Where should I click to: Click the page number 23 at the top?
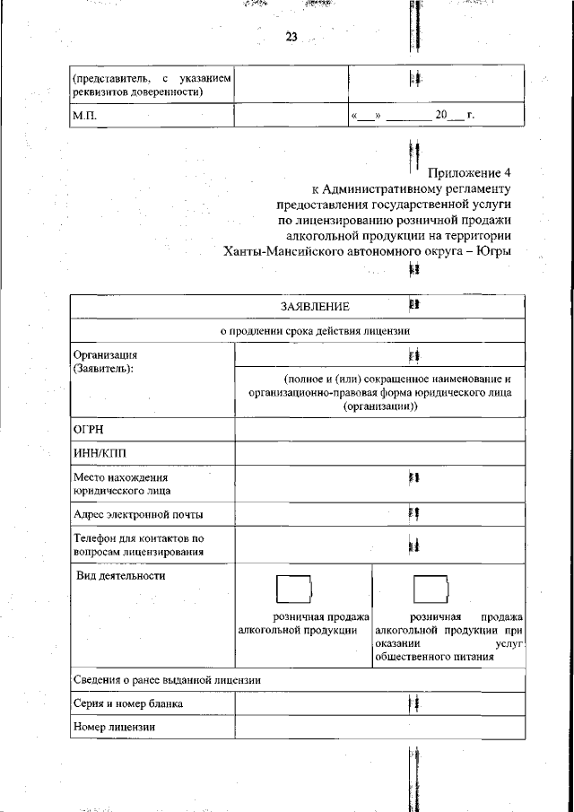coord(291,37)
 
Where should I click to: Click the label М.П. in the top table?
coord(85,116)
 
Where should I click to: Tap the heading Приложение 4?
coord(469,171)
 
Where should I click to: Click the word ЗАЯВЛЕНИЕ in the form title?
coord(314,307)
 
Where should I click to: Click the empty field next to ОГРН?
coord(379,430)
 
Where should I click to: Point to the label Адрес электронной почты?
coord(138,514)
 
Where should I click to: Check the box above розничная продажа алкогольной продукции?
coord(293,589)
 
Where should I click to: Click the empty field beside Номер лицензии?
coord(379,727)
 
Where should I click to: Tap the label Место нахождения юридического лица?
coord(121,484)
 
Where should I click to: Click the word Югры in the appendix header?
coord(493,251)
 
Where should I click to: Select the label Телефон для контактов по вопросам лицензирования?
coord(139,545)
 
